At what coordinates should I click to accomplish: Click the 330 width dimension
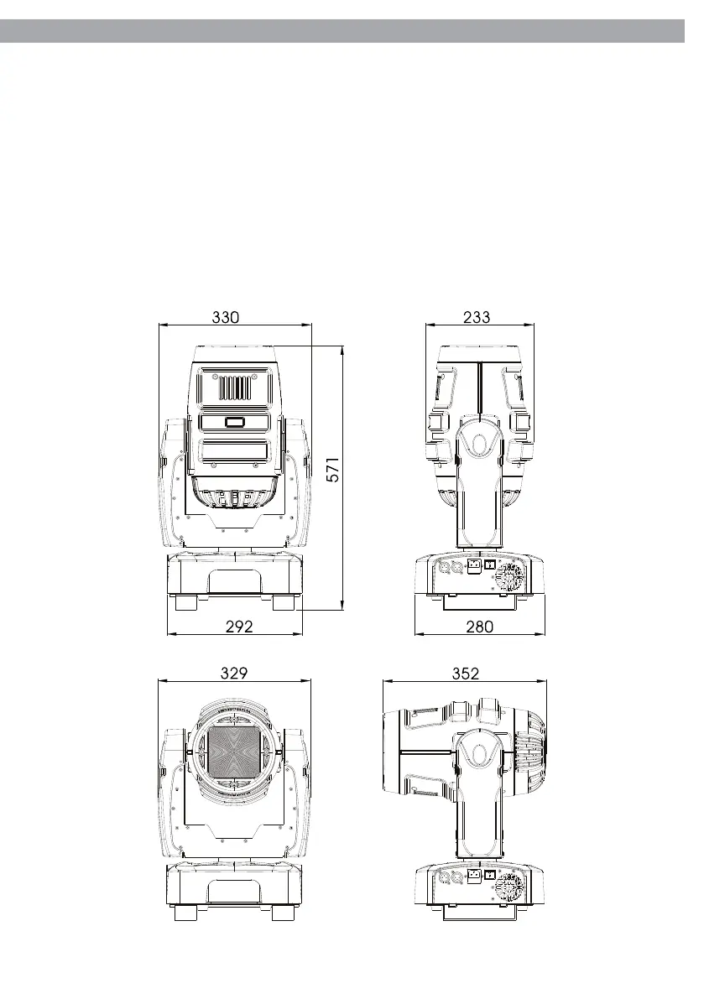pyautogui.click(x=226, y=317)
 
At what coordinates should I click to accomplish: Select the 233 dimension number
pyautogui.click(x=477, y=317)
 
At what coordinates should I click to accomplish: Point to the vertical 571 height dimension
pyautogui.click(x=333, y=469)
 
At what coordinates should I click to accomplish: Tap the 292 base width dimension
pyautogui.click(x=239, y=627)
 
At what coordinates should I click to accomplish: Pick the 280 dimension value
pyautogui.click(x=479, y=627)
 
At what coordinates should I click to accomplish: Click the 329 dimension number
pyautogui.click(x=234, y=673)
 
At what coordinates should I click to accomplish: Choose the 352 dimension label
pyautogui.click(x=465, y=674)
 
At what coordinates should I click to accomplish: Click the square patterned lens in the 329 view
pyautogui.click(x=235, y=753)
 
